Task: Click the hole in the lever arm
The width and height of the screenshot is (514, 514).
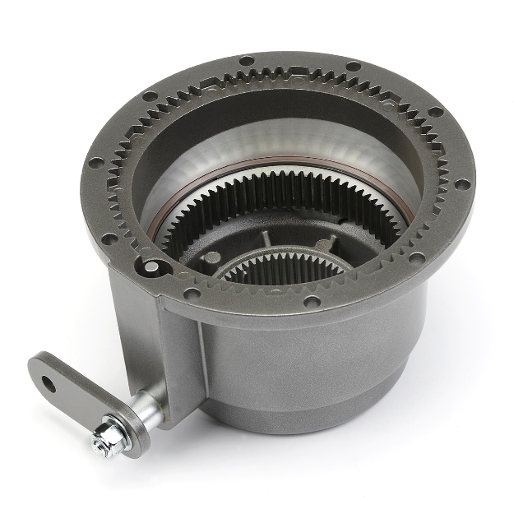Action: click(x=49, y=383)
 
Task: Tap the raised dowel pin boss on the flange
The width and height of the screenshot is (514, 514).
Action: click(x=150, y=266)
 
